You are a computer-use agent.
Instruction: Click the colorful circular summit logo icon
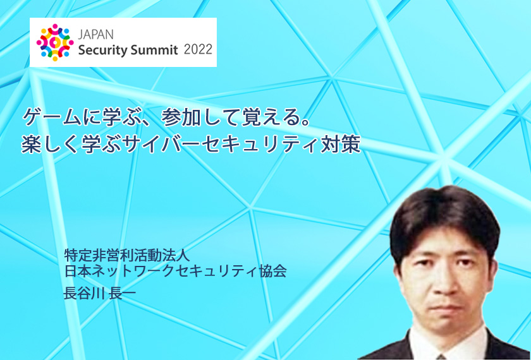[x=55, y=42]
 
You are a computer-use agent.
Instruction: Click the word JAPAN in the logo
[x=95, y=35]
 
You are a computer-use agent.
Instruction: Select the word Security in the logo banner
[x=103, y=51]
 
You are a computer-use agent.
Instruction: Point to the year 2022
[x=198, y=50]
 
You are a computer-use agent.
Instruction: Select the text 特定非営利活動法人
[x=127, y=255]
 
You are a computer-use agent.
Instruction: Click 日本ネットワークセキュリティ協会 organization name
[x=176, y=272]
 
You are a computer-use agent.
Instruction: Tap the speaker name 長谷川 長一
[x=100, y=292]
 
